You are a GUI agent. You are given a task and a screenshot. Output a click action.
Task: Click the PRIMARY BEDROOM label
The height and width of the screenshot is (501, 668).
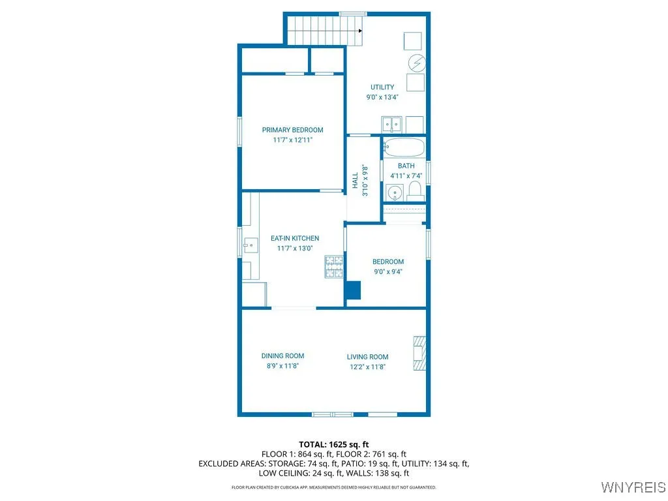[292, 130]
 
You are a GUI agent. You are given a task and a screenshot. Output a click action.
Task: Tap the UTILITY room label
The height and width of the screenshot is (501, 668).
[382, 87]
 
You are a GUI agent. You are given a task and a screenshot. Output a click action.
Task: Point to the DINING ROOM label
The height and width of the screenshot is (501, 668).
[282, 356]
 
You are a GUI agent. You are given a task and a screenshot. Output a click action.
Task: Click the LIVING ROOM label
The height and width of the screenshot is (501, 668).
[367, 357]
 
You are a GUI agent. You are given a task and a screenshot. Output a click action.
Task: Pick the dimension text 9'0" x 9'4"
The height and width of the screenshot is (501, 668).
[387, 272]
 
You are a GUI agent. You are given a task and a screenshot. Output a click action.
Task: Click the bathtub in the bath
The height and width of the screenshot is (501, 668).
[404, 148]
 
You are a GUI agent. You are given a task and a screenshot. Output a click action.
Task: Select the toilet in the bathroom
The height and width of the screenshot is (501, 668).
[414, 191]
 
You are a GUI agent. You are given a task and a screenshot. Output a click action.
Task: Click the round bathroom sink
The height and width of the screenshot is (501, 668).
[393, 192]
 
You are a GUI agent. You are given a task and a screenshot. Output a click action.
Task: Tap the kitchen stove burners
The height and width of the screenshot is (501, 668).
[334, 266]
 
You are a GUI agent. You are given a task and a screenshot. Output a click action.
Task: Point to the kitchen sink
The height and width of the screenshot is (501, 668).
[250, 246]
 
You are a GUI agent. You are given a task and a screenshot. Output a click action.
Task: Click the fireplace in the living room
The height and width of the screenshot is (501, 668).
[419, 353]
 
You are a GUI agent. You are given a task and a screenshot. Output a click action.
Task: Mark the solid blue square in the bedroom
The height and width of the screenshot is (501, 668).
[354, 290]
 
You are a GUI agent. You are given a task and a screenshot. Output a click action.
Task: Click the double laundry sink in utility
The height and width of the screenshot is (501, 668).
[392, 124]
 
